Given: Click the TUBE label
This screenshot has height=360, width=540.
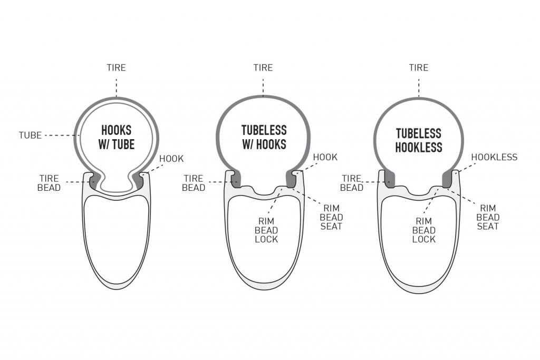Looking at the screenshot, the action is tap(30, 135).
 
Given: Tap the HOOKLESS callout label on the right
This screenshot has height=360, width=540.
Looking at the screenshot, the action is tap(494, 157).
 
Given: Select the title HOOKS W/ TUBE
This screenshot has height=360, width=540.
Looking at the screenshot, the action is tap(117, 138).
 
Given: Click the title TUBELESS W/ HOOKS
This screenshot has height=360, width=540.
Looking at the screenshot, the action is tap(264, 138).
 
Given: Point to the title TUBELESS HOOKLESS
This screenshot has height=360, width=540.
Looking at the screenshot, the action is tap(418, 140).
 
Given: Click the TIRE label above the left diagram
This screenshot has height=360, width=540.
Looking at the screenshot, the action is tap(116, 67).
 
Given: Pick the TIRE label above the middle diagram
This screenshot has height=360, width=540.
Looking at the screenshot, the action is tap(263, 67).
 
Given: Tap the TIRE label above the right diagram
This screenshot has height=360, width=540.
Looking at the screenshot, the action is tap(419, 67).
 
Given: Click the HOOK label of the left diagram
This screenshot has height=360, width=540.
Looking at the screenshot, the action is tap(171, 159).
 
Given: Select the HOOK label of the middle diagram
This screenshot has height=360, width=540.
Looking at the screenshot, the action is tap(325, 157).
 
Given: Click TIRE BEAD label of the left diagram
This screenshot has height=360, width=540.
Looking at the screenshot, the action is tap(49, 183).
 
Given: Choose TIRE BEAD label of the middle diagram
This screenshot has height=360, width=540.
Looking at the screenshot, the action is tap(194, 183).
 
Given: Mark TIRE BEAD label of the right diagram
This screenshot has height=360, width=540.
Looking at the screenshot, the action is tap(352, 183).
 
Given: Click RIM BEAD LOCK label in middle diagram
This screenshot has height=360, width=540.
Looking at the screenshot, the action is tap(266, 230).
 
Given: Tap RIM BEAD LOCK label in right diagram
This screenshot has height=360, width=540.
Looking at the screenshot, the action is tap(423, 230).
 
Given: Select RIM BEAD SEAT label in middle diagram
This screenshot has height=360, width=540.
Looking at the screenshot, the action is tap(331, 217).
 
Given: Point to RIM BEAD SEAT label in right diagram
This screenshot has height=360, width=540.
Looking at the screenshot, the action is tap(488, 217).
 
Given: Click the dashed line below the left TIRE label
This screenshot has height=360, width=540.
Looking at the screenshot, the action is tap(117, 88).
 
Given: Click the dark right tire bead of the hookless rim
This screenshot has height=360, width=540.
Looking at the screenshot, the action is tap(447, 179).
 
